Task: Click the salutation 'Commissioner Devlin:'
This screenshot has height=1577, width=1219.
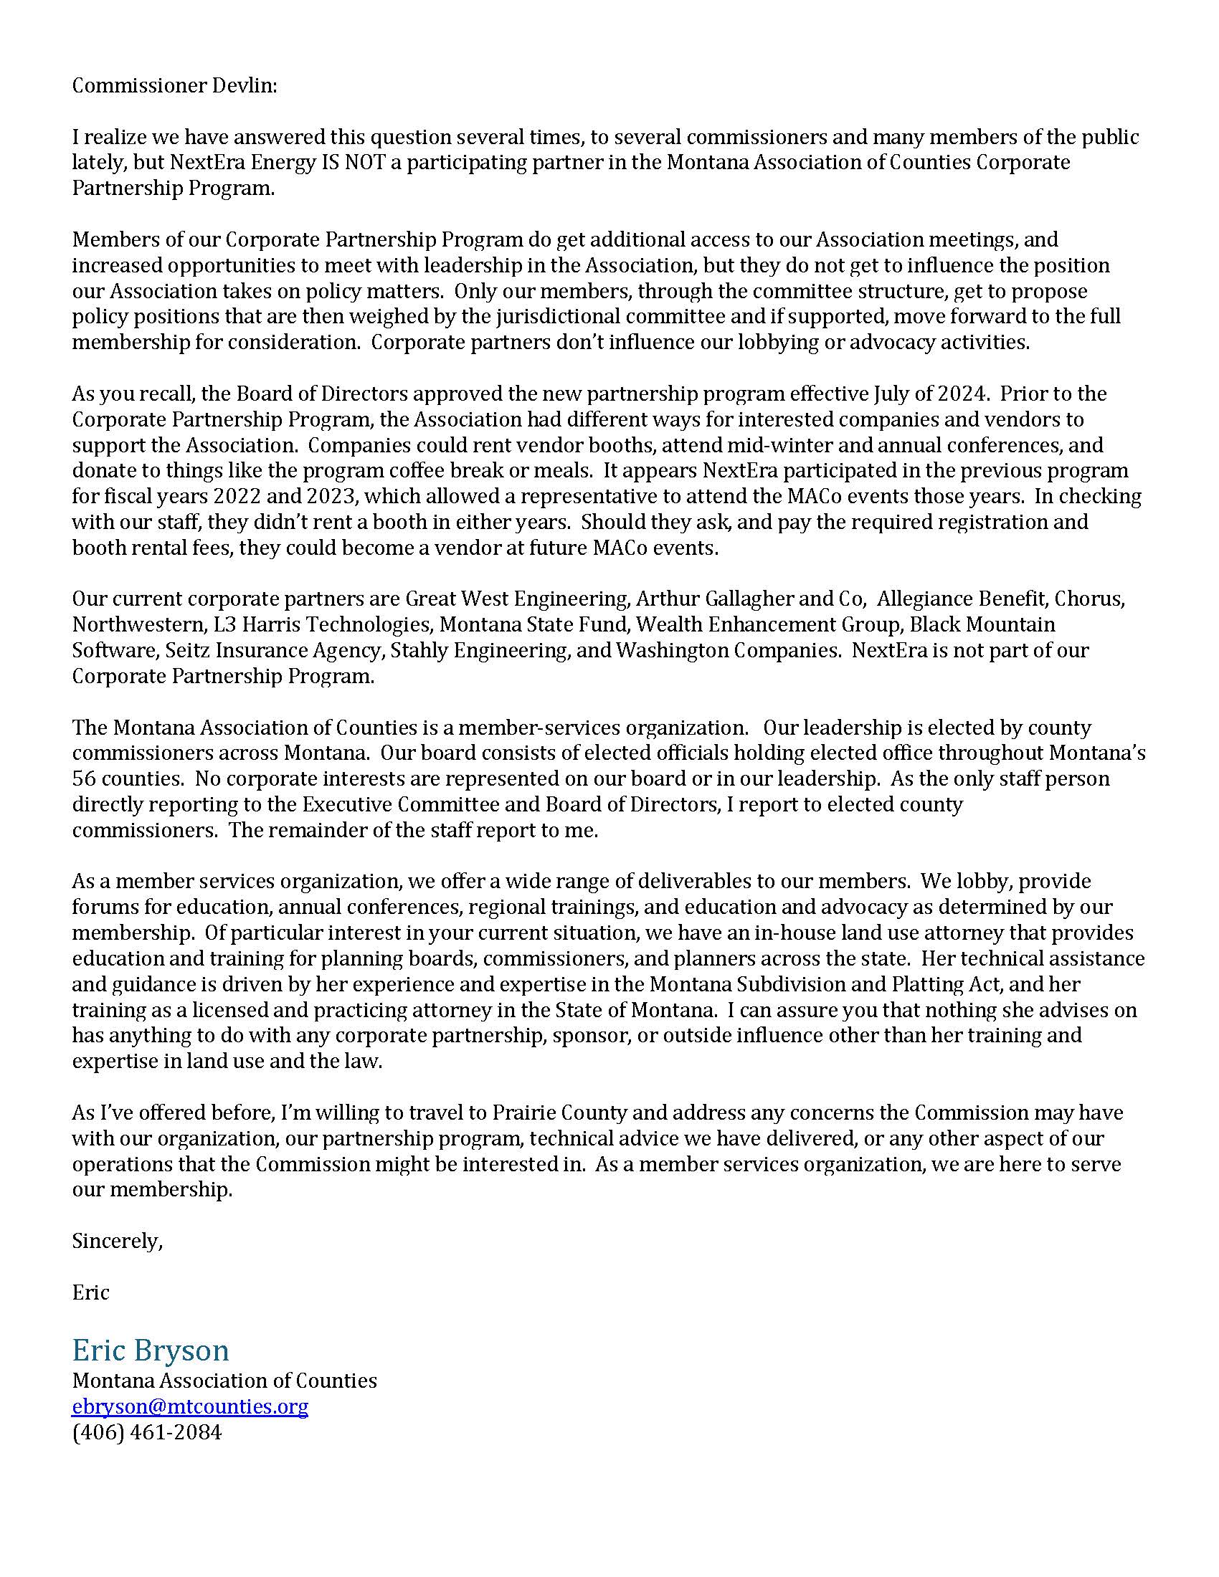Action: tap(174, 86)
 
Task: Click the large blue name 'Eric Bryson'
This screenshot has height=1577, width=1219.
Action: tap(150, 1350)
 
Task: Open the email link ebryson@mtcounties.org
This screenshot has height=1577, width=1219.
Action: tap(190, 1406)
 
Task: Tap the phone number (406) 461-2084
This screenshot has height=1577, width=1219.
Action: tap(146, 1432)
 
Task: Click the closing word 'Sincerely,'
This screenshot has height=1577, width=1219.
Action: tap(117, 1241)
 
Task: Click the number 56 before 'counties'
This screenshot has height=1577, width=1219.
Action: tap(85, 779)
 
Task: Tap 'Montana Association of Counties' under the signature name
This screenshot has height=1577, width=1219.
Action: tap(224, 1381)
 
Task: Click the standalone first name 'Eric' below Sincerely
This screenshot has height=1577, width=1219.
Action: tap(90, 1292)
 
